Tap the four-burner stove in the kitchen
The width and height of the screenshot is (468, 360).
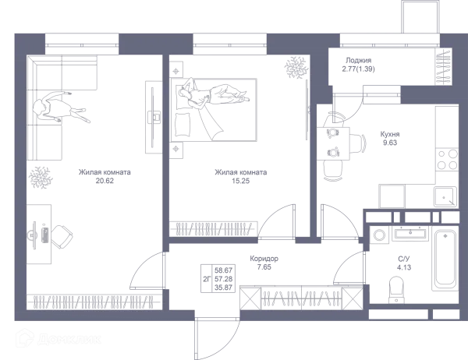pyautogui.click(x=446, y=159)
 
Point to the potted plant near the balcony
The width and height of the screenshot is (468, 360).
pyautogui.click(x=296, y=69)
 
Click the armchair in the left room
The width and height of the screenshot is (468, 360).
pyautogui.click(x=51, y=234)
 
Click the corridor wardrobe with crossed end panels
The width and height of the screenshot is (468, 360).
pyautogui.click(x=301, y=297)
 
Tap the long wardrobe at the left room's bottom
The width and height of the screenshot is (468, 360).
pyautogui.click(x=94, y=301)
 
